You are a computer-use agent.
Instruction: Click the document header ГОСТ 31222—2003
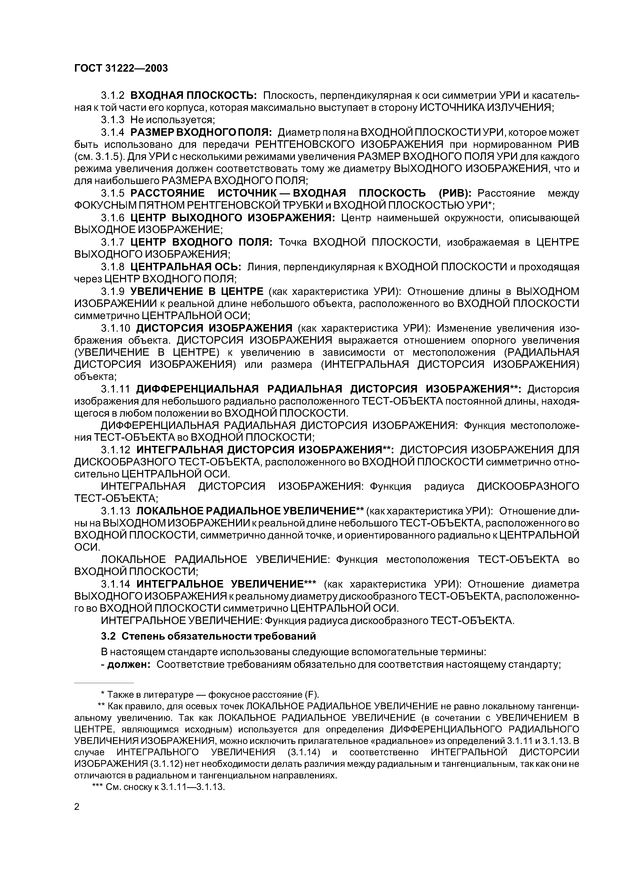[x=121, y=68]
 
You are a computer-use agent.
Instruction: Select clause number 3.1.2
[x=113, y=95]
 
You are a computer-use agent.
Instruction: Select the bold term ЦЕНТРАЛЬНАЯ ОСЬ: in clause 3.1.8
[x=185, y=267]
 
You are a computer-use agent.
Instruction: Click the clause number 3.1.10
[x=116, y=328]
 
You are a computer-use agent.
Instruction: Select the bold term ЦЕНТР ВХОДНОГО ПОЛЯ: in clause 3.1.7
[x=201, y=242]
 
